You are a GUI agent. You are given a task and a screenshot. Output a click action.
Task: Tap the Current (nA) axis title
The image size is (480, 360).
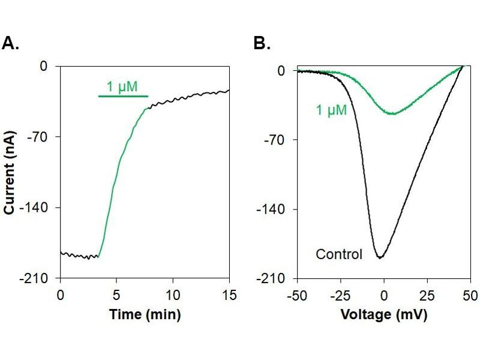(10, 173)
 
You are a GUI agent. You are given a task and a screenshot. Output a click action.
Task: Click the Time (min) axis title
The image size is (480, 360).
(145, 314)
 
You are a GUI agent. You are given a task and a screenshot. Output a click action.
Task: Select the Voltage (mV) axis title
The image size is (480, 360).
(384, 314)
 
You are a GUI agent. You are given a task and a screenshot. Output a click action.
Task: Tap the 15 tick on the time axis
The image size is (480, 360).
(230, 295)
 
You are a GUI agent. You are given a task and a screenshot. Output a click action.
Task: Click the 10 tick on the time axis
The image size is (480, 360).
(173, 295)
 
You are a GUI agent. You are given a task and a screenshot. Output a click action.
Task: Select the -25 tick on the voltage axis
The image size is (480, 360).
(341, 295)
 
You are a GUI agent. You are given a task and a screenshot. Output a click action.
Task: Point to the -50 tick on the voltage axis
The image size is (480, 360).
(298, 295)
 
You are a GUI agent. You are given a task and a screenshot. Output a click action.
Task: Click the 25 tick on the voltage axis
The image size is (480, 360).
(427, 295)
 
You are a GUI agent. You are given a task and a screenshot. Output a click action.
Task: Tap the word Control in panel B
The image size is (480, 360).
(339, 254)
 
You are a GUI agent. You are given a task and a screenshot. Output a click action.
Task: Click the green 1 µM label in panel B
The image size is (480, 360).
(331, 110)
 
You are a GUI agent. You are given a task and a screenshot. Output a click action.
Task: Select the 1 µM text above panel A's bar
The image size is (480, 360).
(123, 86)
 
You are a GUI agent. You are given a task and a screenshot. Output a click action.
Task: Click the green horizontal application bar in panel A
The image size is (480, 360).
(123, 96)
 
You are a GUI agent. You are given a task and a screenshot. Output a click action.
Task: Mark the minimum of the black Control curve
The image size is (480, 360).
(380, 257)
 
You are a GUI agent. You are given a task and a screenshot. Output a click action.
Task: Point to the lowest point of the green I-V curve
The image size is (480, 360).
(393, 114)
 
